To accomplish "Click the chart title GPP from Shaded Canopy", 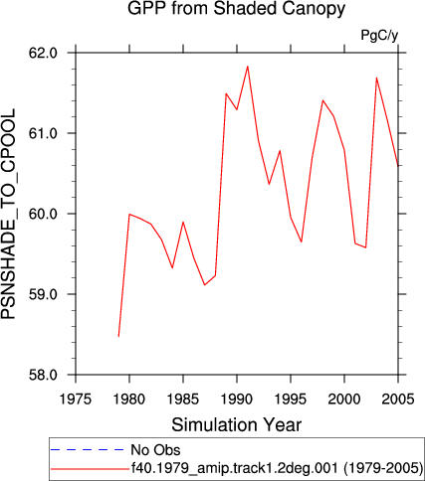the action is [236, 9].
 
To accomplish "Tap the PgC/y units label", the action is [379, 36].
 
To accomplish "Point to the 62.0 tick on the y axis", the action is [44, 53].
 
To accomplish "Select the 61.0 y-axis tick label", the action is [44, 133].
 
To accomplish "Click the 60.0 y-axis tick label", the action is [44, 214].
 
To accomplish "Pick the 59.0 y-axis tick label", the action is [44, 294].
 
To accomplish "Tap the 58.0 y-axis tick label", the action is [44, 375].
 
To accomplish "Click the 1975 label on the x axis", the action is [76, 400].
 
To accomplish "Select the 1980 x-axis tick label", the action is [129, 400].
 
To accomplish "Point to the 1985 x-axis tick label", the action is [183, 400].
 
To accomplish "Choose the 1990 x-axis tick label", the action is [237, 400].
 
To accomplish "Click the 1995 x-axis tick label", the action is [291, 400].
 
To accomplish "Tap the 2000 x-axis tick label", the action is [344, 400].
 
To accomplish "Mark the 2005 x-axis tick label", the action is [398, 400].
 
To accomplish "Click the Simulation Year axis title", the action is [237, 424].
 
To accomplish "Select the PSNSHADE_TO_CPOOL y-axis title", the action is [8, 214].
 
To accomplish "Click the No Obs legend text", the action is [155, 450].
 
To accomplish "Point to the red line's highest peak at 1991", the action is [248, 67].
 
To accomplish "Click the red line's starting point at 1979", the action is [118, 337].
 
